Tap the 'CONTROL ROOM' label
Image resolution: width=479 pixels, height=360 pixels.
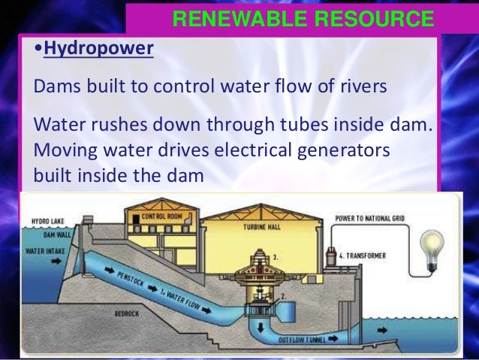[x=161, y=217]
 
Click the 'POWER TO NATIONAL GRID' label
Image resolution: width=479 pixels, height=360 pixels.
[x=371, y=217]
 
